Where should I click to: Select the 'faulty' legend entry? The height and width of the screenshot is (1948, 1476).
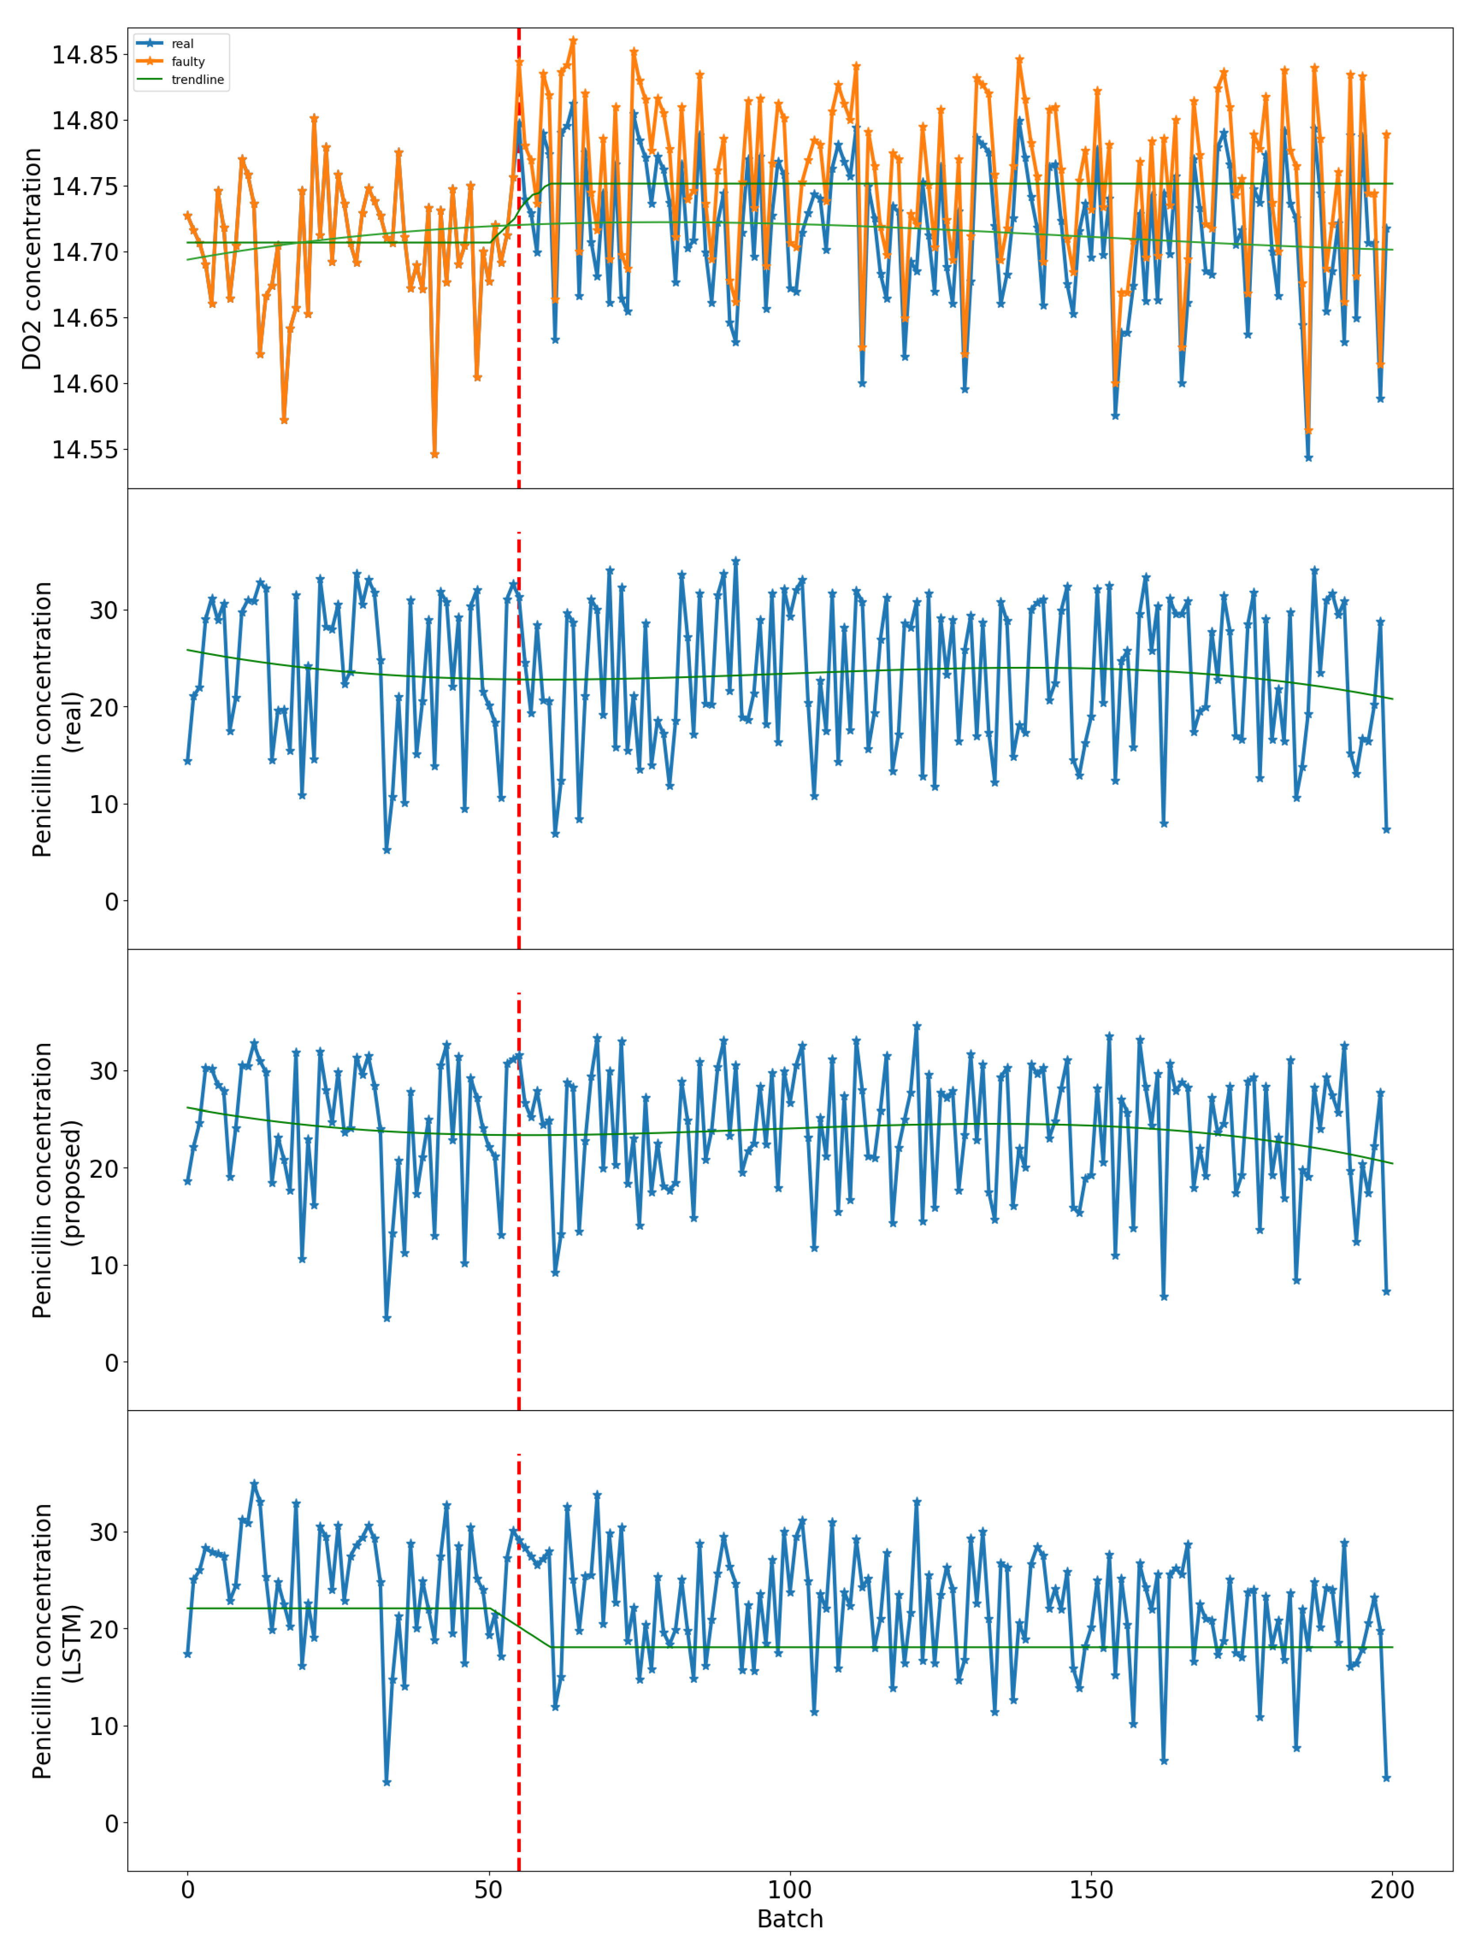pos(187,61)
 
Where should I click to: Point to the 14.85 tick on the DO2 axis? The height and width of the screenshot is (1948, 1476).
pos(84,55)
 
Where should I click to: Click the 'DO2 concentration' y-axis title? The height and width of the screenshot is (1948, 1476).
pos(33,259)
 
